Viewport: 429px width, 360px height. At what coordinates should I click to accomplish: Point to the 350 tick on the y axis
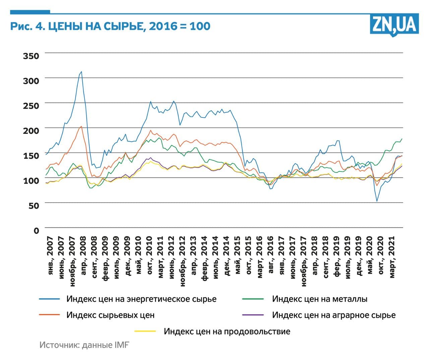coord(31,56)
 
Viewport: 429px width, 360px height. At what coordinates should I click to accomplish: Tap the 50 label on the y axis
coord(34,205)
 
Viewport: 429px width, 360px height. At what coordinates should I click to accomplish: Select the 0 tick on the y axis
coord(36,230)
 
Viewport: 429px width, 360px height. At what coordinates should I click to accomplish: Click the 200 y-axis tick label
coord(31,131)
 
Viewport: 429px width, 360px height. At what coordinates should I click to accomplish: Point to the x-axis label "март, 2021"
coord(392,257)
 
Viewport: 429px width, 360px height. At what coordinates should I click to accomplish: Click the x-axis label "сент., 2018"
coord(326,257)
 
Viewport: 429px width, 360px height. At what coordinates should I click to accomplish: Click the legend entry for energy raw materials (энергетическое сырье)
coord(141,299)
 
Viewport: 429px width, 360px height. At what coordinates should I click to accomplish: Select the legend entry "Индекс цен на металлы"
coord(319,299)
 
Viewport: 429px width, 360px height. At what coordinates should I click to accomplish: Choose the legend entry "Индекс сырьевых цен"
coord(110,315)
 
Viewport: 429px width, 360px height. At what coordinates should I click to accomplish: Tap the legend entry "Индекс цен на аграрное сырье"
coord(333,315)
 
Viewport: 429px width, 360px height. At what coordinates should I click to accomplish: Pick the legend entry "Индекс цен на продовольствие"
coord(227,331)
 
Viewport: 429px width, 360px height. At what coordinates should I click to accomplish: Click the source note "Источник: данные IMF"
coord(84,345)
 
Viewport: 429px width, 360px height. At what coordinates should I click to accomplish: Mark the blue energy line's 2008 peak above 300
coord(81,71)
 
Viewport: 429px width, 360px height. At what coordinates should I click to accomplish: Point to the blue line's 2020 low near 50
coord(377,201)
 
